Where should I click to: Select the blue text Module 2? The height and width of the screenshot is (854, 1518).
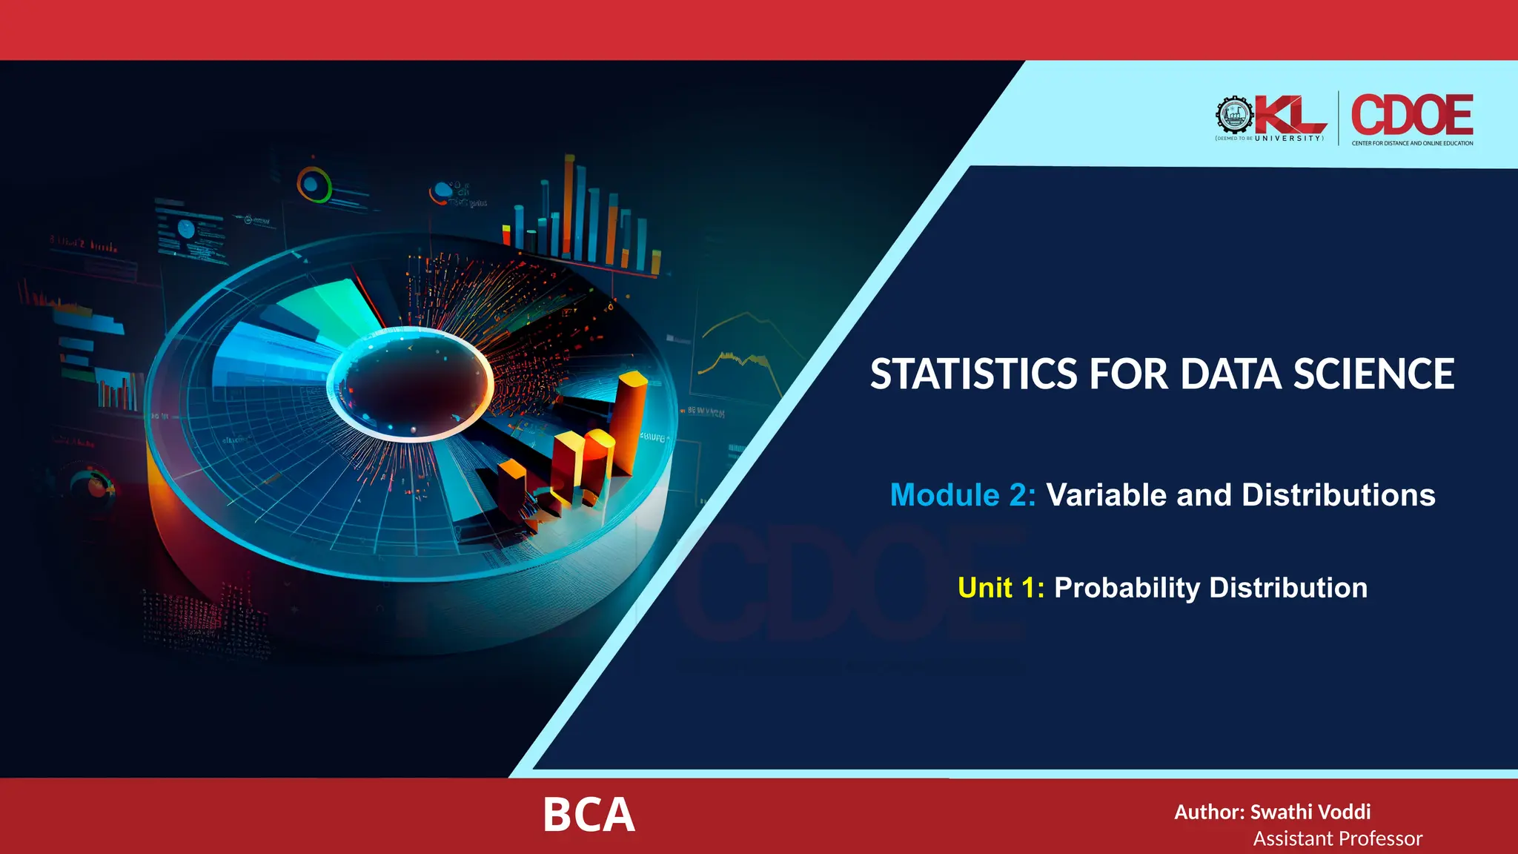[962, 495]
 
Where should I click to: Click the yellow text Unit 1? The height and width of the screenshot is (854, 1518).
[1001, 588]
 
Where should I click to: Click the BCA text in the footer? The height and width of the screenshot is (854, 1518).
[589, 815]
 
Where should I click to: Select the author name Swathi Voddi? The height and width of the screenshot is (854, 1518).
[1310, 812]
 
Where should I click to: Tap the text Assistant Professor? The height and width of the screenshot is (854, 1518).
[1337, 838]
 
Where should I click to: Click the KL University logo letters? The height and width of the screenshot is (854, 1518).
[1290, 116]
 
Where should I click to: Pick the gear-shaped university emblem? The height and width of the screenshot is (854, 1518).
[1234, 116]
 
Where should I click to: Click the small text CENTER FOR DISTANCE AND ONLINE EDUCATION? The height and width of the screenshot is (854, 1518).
[1412, 143]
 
